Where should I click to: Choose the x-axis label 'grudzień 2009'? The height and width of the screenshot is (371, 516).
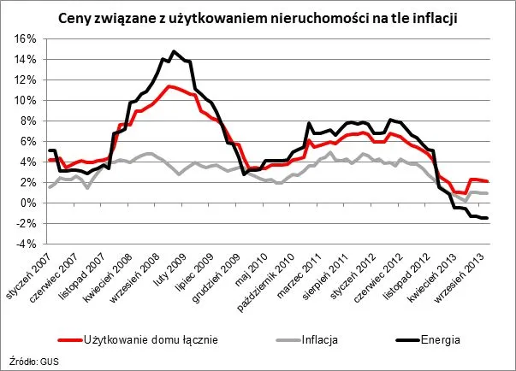pyautogui.click(x=232, y=281)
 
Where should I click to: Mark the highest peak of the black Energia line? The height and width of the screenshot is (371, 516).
pyautogui.click(x=174, y=51)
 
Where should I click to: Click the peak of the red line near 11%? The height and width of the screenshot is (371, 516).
pyautogui.click(x=169, y=85)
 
